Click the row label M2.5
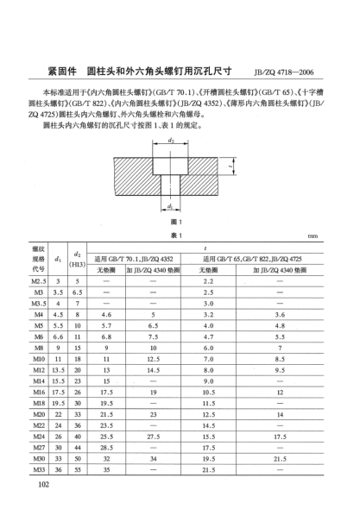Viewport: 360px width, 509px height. coord(40,282)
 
